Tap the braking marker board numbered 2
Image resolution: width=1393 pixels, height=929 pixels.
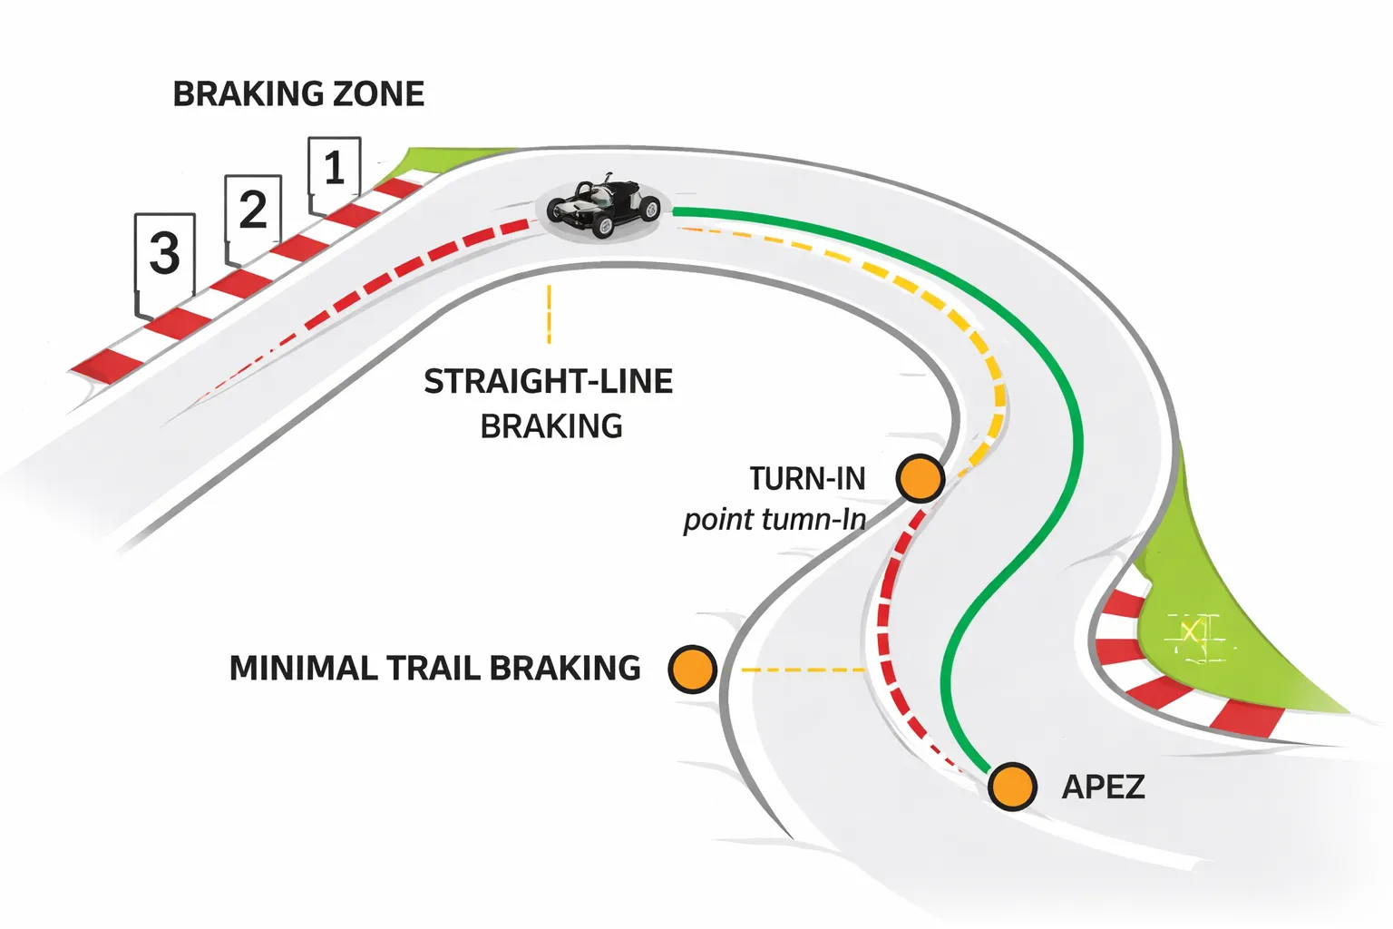253,210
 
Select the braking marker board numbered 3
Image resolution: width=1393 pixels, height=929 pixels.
164,253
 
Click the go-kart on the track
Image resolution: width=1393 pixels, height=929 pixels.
603,208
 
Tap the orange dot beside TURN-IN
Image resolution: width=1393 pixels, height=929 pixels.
920,478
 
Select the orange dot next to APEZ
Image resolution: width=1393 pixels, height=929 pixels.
1011,786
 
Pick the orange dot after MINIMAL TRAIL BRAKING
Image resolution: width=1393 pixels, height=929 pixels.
692,670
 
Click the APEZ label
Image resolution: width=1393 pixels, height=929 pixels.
1103,787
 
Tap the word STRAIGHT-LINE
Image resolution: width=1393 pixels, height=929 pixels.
548,382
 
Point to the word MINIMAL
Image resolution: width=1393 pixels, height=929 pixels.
303,669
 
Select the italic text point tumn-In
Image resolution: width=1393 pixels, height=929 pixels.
774,520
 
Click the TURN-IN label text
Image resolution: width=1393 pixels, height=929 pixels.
807,478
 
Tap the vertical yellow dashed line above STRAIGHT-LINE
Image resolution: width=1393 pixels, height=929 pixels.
549,314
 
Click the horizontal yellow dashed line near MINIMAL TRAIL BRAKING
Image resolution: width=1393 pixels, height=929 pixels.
803,670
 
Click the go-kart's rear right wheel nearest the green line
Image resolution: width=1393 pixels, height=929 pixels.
649,210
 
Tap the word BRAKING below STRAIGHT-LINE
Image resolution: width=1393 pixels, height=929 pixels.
551,426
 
